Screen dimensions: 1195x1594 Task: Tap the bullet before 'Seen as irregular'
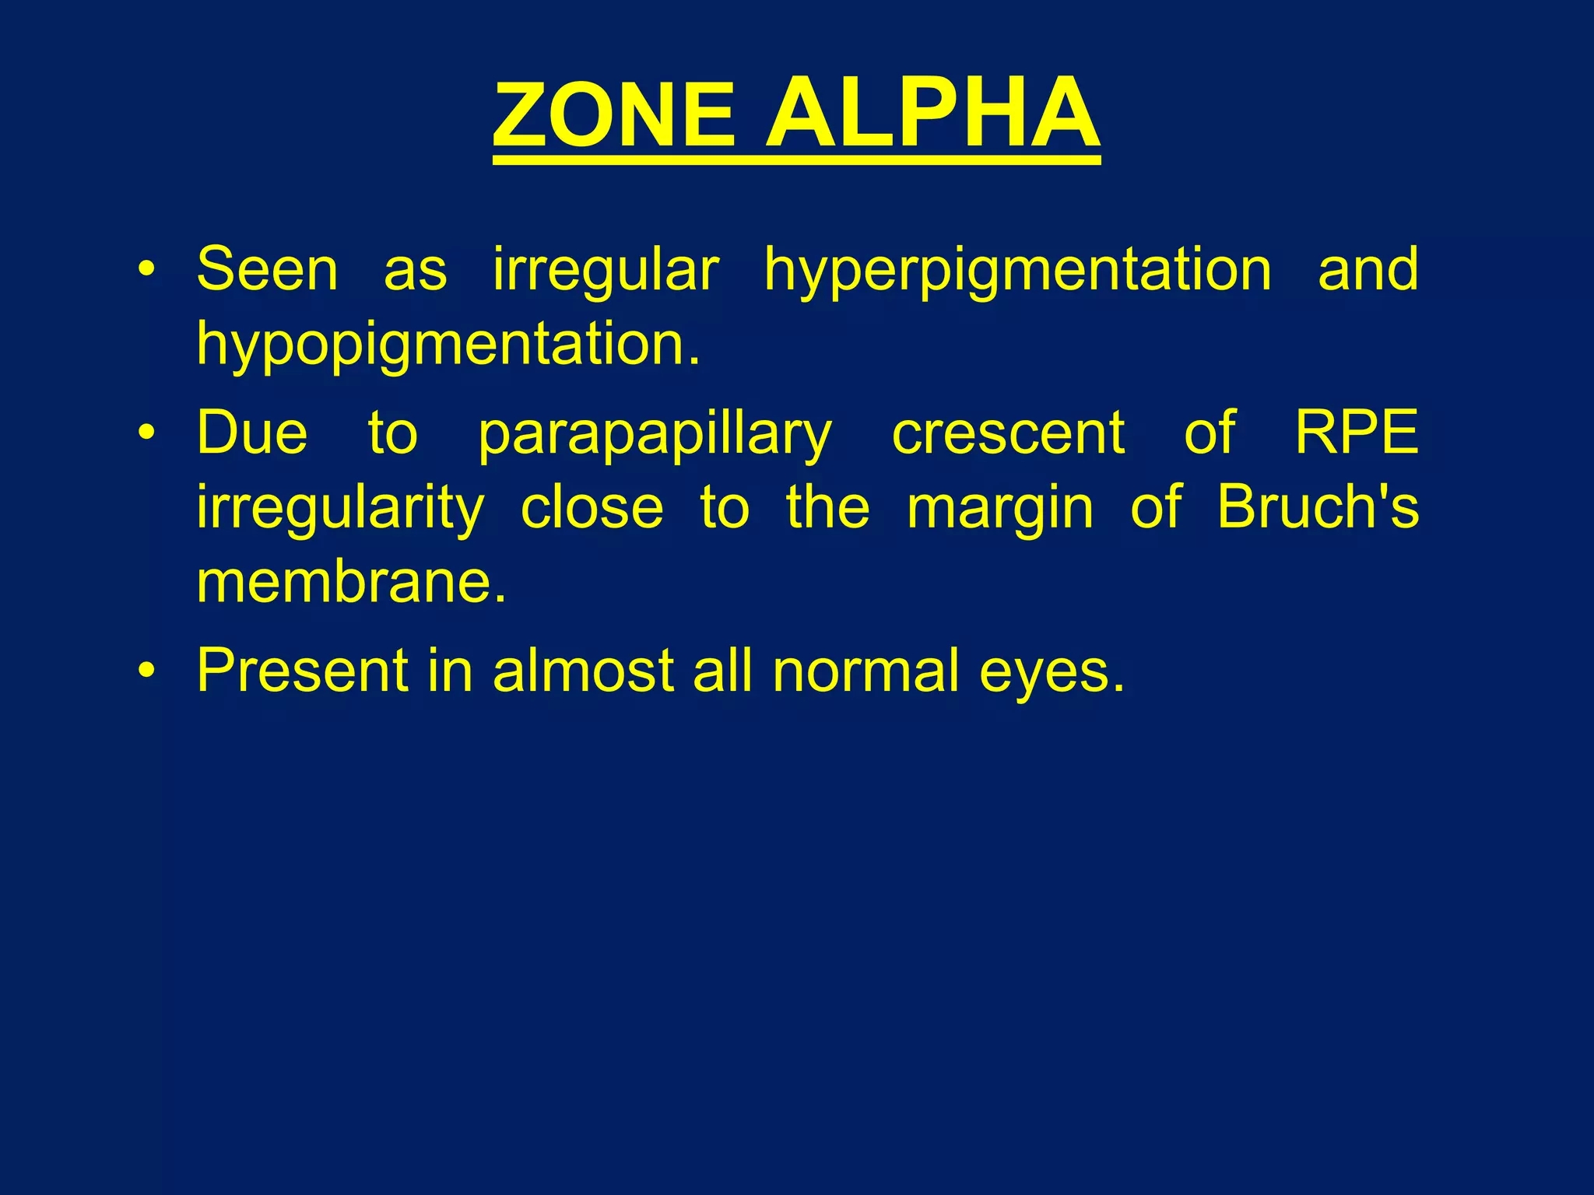pyautogui.click(x=146, y=270)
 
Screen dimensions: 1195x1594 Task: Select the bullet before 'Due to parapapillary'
pyautogui.click(x=146, y=433)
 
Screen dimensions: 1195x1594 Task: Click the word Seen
pyautogui.click(x=267, y=269)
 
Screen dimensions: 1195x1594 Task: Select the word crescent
pyautogui.click(x=1008, y=433)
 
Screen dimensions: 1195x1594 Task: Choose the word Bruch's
pyautogui.click(x=1318, y=506)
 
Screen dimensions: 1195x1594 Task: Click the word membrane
pyautogui.click(x=350, y=582)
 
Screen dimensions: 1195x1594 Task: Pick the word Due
pyautogui.click(x=252, y=433)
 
